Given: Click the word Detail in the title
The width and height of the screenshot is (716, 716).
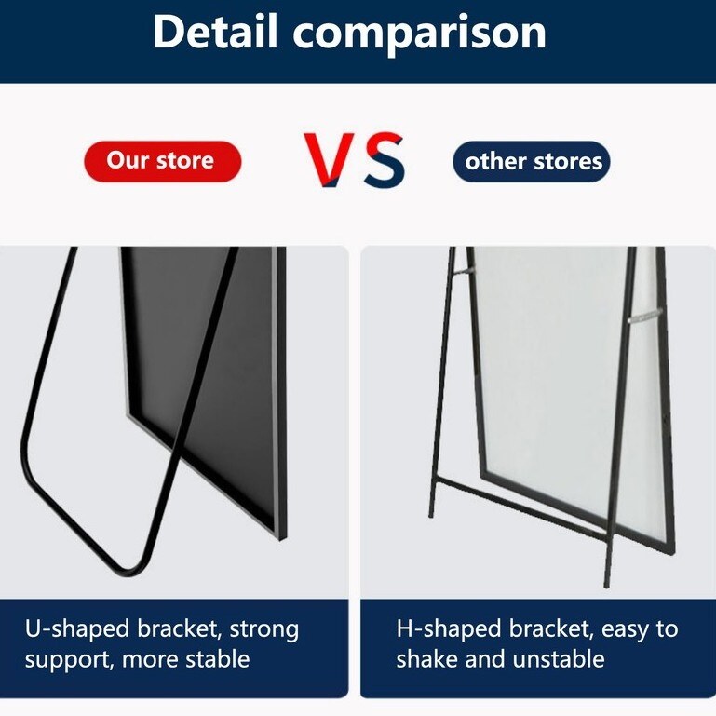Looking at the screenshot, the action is (x=215, y=31).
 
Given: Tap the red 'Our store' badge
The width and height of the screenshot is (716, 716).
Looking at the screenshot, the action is (x=163, y=161).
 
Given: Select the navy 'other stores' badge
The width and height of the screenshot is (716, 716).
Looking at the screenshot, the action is (x=531, y=161).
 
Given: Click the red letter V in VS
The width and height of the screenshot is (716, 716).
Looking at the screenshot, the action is (x=330, y=160).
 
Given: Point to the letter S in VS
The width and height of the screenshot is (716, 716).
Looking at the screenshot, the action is (x=385, y=160).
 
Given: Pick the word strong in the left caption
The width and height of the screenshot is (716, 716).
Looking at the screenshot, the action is (x=263, y=631).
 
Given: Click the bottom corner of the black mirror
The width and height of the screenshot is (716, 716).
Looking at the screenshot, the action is (x=281, y=538).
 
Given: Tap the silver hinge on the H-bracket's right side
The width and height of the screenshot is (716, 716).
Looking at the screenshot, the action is (x=645, y=316).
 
